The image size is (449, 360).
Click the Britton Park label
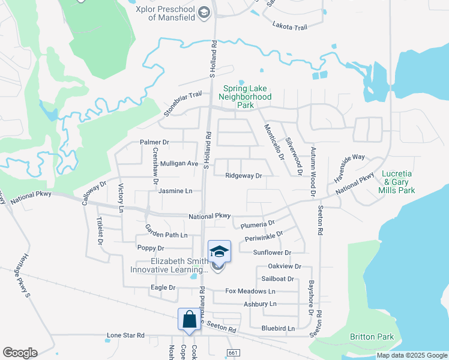(372, 337)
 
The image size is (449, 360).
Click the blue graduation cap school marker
(219, 252)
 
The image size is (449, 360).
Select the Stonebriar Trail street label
(183, 104)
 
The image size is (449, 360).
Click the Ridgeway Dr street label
(244, 176)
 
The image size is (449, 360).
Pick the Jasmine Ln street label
(175, 191)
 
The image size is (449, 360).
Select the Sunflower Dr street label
(271, 253)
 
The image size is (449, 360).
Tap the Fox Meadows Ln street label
(250, 291)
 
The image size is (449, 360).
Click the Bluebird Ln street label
(278, 328)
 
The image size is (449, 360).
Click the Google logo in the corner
(20, 353)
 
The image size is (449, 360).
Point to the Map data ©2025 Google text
(411, 355)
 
